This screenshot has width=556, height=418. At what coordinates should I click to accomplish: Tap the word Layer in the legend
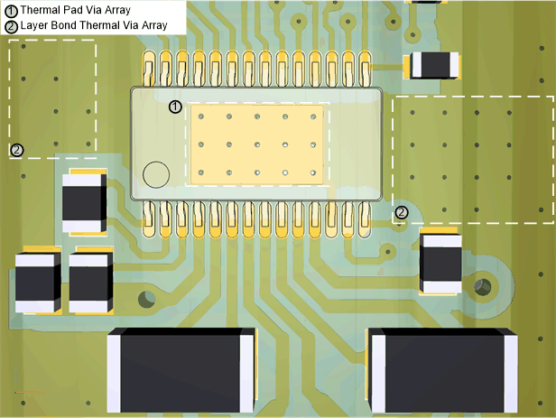click(x=34, y=25)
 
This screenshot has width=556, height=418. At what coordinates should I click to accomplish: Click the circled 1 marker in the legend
click(x=11, y=11)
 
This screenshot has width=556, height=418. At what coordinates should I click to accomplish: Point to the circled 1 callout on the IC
click(x=175, y=107)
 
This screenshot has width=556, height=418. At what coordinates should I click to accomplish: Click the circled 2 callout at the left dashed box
click(x=16, y=151)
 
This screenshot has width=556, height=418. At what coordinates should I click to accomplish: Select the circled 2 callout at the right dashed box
click(x=402, y=212)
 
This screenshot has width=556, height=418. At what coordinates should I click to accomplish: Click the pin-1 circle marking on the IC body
click(x=156, y=174)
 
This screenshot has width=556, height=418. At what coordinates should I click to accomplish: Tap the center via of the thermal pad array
click(x=257, y=144)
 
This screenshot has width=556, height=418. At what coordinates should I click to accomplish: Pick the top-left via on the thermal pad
click(x=201, y=116)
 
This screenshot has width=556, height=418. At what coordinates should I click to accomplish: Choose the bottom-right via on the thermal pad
click(x=313, y=172)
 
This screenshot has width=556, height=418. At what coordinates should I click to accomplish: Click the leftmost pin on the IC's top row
click(x=149, y=69)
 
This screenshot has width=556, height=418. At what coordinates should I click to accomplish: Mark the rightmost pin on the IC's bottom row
click(x=365, y=219)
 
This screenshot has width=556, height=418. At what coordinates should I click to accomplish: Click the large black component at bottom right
click(x=442, y=370)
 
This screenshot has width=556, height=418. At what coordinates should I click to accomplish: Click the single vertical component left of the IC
click(x=84, y=202)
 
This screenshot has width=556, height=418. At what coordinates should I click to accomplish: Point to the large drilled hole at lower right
click(x=483, y=286)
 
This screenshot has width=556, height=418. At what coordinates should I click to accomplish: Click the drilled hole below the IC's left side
click(x=146, y=299)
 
